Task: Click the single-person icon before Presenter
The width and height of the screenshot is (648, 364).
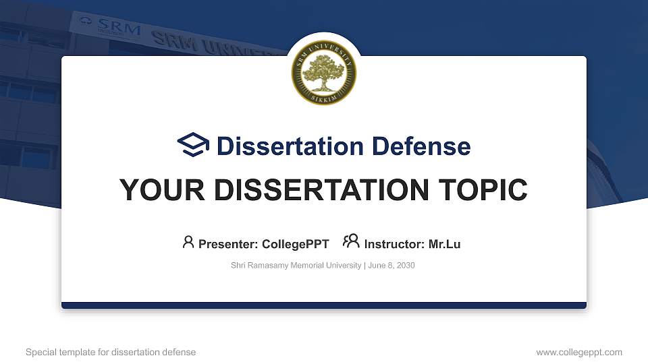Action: [188, 242]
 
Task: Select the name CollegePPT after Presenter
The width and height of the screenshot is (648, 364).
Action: [296, 244]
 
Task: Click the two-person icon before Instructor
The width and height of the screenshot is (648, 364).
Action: [351, 241]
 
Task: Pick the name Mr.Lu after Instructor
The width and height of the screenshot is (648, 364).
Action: [444, 244]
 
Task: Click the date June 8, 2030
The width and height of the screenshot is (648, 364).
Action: [391, 266]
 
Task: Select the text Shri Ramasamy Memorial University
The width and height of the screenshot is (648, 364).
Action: [296, 266]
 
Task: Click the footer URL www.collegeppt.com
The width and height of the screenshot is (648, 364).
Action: [578, 352]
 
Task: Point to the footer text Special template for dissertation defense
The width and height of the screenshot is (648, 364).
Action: [111, 352]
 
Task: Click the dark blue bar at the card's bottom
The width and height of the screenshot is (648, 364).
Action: [324, 305]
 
